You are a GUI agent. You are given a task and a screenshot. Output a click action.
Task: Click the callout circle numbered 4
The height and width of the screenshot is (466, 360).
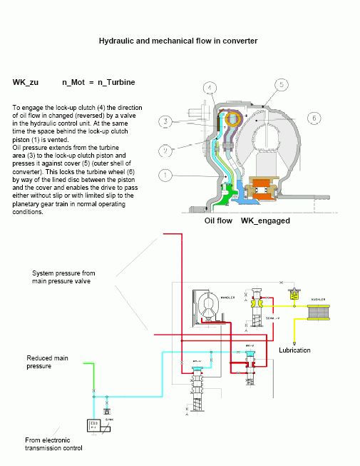pyautogui.click(x=209, y=88)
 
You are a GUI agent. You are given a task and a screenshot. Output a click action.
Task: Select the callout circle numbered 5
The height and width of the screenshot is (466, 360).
pyautogui.click(x=282, y=85)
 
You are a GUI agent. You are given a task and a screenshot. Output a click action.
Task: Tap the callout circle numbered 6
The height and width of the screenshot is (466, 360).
pyautogui.click(x=313, y=118)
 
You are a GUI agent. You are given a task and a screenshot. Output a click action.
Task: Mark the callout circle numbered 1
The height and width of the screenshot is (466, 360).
pyautogui.click(x=165, y=174)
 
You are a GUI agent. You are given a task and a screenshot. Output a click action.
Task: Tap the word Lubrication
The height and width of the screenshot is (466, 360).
pyautogui.click(x=294, y=350)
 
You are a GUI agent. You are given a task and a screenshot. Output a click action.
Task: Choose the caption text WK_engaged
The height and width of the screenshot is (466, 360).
pyautogui.click(x=265, y=221)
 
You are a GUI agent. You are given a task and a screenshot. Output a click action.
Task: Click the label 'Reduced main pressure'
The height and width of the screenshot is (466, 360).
pyautogui.click(x=48, y=362)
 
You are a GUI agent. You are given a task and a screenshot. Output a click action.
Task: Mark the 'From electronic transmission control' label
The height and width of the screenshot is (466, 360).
pyautogui.click(x=53, y=444)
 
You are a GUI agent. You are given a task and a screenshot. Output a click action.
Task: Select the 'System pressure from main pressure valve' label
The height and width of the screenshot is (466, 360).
pyautogui.click(x=63, y=277)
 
